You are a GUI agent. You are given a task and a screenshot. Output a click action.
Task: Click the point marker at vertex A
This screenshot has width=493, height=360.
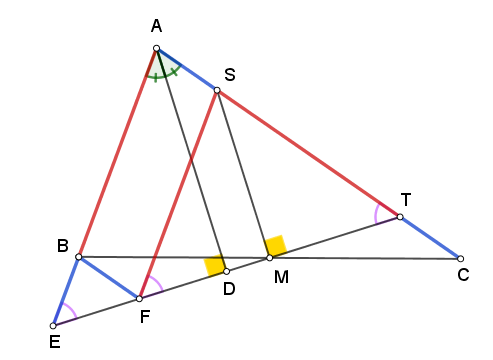coord(156,49)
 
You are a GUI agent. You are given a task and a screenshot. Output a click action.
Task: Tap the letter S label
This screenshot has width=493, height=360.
coord(230,74)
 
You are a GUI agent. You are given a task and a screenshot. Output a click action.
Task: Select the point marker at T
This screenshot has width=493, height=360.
coord(400,217)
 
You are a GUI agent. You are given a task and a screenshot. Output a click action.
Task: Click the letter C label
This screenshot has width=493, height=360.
coord(463,275)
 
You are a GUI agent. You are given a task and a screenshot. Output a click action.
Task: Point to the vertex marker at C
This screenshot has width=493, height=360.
coord(460,259)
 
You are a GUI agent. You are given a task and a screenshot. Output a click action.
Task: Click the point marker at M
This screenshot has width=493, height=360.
coord(270,258)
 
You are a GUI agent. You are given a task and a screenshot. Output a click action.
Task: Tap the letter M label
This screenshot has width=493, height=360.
coord(281,277)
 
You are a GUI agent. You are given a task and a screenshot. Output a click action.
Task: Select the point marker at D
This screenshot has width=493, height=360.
coord(226,271)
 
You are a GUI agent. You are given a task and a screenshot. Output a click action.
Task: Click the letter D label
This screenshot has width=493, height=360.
coord(229,289)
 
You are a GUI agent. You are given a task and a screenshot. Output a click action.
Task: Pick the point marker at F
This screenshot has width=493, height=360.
coord(139,299)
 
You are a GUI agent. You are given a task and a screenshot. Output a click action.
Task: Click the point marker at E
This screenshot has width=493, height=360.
coord(53,326)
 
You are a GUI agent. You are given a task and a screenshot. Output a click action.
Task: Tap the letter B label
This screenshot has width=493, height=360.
coord(63,246)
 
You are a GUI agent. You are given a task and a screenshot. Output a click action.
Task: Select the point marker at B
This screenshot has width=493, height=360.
coord(79,257)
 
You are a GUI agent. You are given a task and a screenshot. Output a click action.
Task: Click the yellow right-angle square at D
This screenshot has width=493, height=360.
coord(215,265)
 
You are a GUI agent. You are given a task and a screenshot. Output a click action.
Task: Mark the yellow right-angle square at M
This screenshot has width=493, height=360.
coord(275,246)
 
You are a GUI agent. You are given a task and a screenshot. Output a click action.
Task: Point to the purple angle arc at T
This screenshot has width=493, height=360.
coord(376,213)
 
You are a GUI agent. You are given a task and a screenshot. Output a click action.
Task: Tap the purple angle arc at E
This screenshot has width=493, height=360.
coord(72,309)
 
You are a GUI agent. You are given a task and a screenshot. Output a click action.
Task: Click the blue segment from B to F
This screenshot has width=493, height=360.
coord(109,278)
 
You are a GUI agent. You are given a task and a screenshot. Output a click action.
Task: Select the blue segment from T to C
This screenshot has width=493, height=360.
coord(430,238)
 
